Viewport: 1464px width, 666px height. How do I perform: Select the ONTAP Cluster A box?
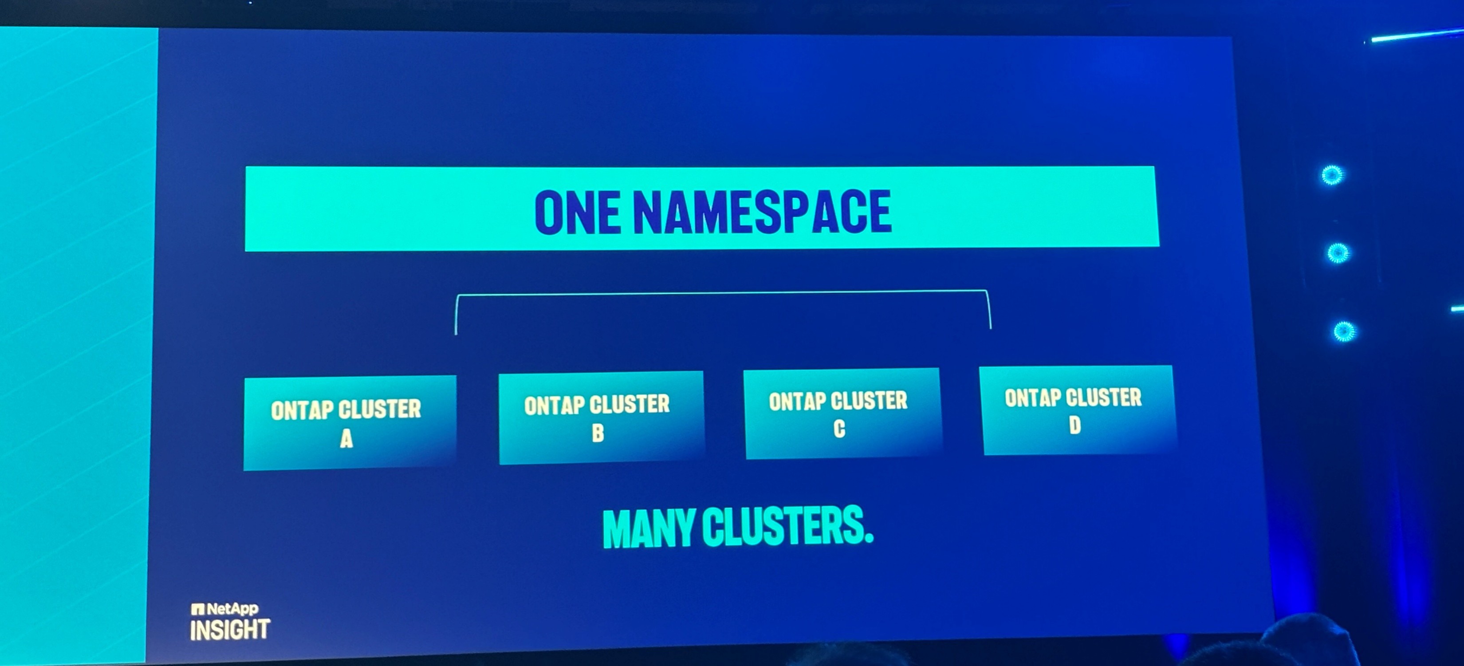pos(350,423)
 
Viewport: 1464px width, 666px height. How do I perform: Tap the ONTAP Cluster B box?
pos(601,418)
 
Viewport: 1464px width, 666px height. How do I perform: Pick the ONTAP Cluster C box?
pos(842,413)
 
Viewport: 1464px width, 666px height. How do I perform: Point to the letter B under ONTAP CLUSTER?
pos(597,433)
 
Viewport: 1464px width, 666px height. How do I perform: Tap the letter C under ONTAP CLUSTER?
pos(839,429)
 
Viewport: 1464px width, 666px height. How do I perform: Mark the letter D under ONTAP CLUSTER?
pos(1074,425)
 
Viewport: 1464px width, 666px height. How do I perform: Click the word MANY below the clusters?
pos(649,528)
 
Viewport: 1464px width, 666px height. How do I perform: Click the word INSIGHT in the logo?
pos(230,630)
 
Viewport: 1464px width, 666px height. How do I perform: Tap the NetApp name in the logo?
pos(232,609)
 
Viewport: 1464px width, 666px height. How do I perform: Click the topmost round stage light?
pos(1332,175)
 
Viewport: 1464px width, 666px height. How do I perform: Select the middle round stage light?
pos(1338,252)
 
